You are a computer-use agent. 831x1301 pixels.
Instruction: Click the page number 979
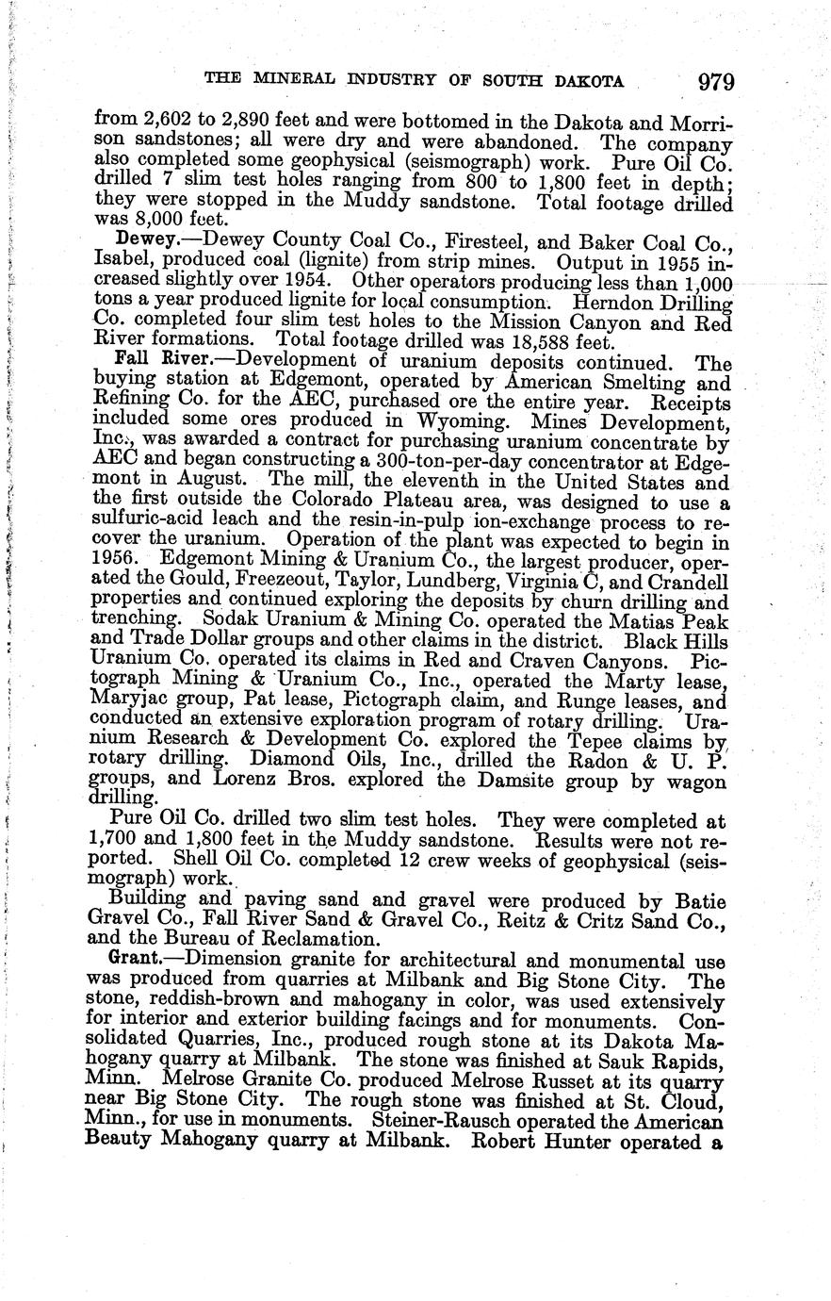tap(715, 82)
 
